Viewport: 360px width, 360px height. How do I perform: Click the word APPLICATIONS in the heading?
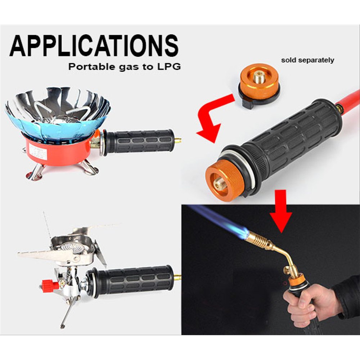94,46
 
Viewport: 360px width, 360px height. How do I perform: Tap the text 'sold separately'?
307,60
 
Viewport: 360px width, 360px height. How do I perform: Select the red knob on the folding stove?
49,285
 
